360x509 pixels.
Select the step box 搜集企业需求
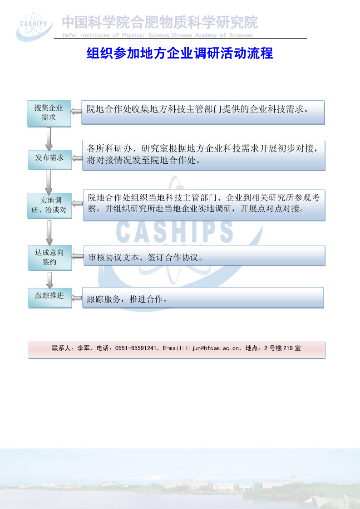click(49, 113)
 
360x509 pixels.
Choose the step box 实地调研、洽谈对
click(49, 205)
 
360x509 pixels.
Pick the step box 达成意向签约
click(49, 257)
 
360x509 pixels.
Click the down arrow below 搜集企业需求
click(49, 138)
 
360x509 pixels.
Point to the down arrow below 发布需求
click(49, 181)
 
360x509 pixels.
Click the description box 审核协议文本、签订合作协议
click(204, 256)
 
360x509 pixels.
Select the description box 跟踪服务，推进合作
click(203, 298)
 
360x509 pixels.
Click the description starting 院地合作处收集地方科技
click(203, 112)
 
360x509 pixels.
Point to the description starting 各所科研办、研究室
click(204, 155)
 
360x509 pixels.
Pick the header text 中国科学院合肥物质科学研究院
click(160, 22)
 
